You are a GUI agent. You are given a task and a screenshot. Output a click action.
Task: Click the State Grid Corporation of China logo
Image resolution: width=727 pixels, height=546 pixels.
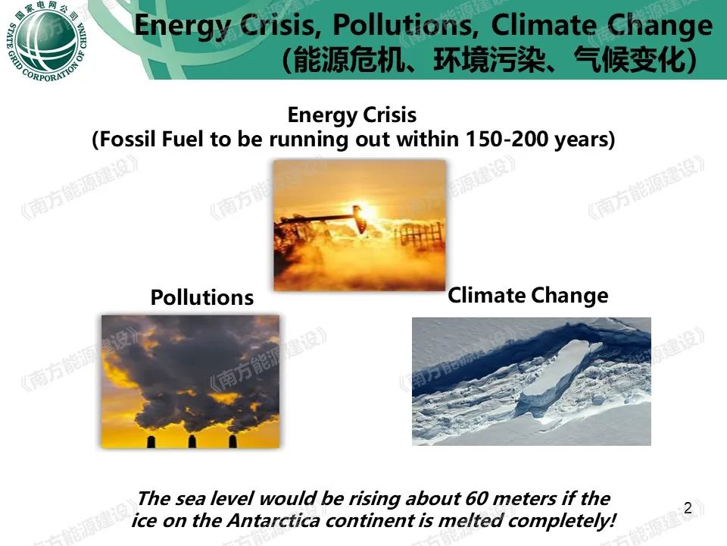click(x=46, y=41)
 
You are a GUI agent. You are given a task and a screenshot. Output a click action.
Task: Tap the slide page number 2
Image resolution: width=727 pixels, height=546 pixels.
click(x=688, y=508)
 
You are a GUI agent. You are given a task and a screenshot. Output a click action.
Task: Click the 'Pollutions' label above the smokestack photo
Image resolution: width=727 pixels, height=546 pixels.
click(x=202, y=297)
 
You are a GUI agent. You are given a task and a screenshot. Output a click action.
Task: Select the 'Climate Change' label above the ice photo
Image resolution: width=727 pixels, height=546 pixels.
click(x=528, y=296)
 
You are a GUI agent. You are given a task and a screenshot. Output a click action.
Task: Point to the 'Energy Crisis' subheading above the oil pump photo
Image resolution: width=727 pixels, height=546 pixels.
click(x=352, y=115)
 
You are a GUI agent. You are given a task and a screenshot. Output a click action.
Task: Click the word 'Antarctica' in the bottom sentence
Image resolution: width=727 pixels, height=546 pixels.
click(x=273, y=520)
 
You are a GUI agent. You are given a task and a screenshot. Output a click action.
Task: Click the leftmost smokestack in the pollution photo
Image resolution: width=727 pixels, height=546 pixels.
click(x=151, y=441)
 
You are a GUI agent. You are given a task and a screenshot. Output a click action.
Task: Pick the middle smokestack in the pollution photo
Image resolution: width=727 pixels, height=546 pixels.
click(x=192, y=441)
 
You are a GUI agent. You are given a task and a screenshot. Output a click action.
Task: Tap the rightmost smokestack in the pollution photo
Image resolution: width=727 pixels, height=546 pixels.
click(x=233, y=441)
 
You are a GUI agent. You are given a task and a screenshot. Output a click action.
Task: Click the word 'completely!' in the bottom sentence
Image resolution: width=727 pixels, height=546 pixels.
click(x=562, y=520)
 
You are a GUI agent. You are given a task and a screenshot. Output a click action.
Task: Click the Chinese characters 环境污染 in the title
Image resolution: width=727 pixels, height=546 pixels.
click(x=489, y=61)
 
